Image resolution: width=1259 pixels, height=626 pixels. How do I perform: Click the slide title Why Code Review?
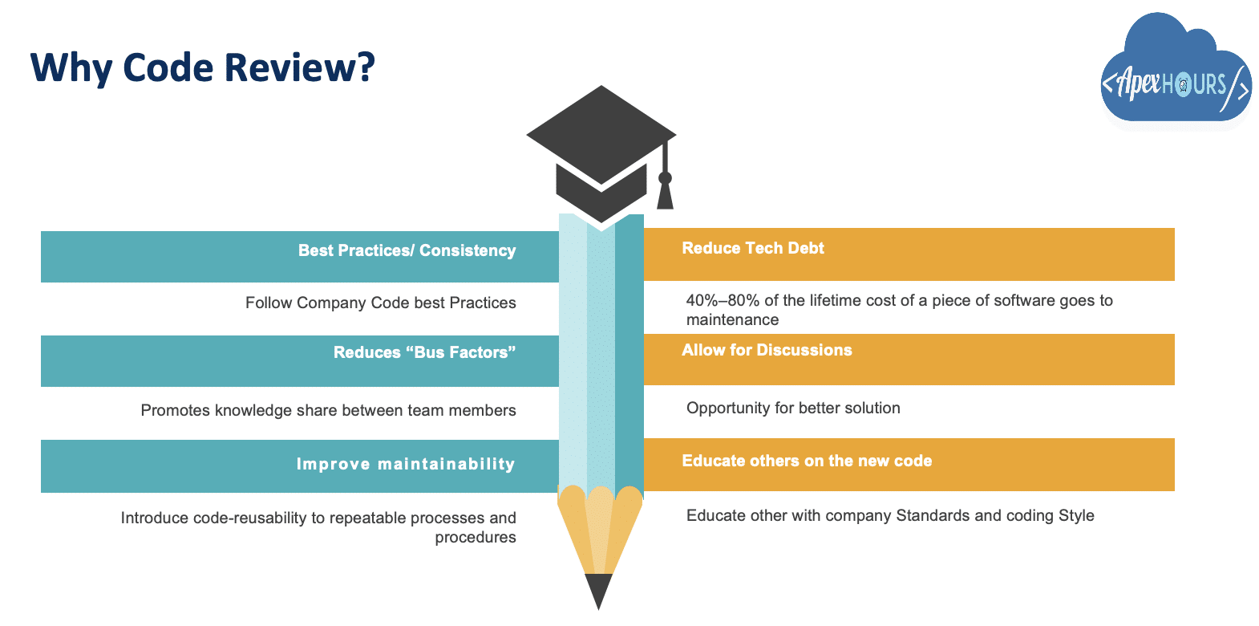tap(202, 68)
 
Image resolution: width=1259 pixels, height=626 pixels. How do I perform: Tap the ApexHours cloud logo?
tap(1176, 71)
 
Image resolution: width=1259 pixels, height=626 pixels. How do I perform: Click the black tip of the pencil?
tap(598, 591)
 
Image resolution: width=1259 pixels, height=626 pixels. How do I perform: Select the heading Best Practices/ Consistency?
tap(407, 250)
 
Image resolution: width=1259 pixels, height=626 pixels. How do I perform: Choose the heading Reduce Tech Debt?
tap(753, 248)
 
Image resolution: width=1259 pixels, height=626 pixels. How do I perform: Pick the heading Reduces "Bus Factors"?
tap(424, 352)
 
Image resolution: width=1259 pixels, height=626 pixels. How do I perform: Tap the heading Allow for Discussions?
tap(767, 350)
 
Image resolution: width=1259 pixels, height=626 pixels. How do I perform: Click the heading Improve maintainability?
tap(406, 464)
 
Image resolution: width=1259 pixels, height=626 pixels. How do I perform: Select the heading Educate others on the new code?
tap(807, 461)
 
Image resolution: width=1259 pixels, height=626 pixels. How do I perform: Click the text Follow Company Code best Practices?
tap(381, 303)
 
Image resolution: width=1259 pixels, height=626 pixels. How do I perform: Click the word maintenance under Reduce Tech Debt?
tap(732, 319)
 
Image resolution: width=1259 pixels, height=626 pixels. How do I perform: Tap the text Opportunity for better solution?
tap(793, 408)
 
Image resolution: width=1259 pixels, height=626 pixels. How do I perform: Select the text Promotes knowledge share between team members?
tap(328, 410)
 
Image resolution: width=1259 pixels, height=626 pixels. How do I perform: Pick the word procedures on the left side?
tap(476, 537)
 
